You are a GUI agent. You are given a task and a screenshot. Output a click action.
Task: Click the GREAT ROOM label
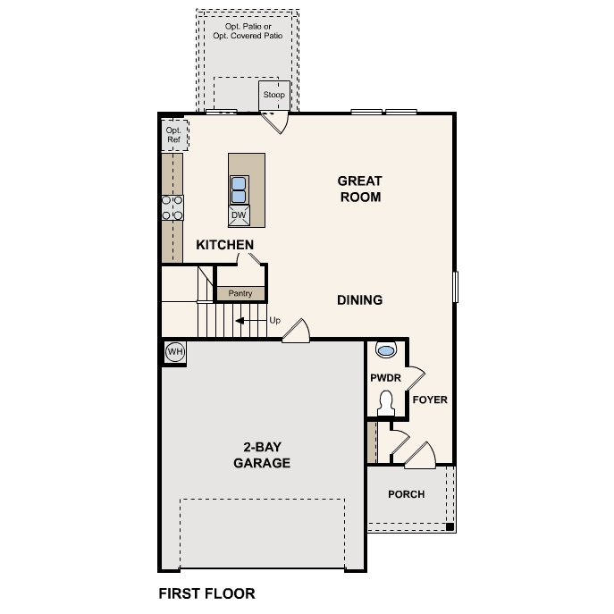[359, 189]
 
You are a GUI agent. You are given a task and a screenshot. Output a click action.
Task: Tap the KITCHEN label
[225, 245]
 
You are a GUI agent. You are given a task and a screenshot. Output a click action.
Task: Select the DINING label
[359, 300]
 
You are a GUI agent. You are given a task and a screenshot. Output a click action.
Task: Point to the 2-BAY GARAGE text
[262, 455]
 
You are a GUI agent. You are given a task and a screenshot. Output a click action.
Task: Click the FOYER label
[430, 400]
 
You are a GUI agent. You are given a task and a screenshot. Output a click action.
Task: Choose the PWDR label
[384, 378]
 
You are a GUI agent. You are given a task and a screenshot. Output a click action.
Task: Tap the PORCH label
[406, 494]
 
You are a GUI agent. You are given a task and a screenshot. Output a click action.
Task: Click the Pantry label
[240, 293]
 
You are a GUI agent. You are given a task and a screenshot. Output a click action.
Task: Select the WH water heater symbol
[174, 352]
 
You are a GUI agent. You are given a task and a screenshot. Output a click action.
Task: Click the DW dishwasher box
[239, 215]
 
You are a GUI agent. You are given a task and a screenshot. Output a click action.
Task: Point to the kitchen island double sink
[239, 189]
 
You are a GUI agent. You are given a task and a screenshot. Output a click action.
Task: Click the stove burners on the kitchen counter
[172, 208]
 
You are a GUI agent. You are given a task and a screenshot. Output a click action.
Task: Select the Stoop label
[273, 94]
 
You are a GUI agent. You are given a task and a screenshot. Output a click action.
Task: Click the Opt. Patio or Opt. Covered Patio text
[248, 31]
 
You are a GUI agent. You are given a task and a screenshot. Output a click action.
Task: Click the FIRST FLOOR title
[206, 593]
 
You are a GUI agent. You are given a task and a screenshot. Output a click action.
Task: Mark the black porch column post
[450, 526]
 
